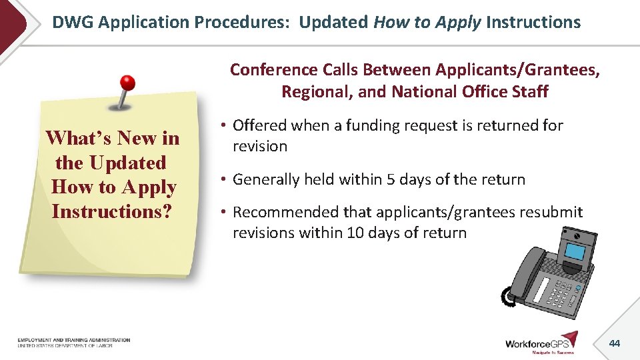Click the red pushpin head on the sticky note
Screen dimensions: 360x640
point(127,83)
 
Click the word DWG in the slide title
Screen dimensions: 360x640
point(74,23)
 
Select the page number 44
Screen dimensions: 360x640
point(614,343)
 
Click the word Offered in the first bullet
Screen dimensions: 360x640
point(259,125)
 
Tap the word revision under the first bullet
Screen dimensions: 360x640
point(260,146)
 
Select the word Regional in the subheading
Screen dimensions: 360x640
point(316,91)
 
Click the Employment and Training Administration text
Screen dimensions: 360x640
point(74,341)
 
